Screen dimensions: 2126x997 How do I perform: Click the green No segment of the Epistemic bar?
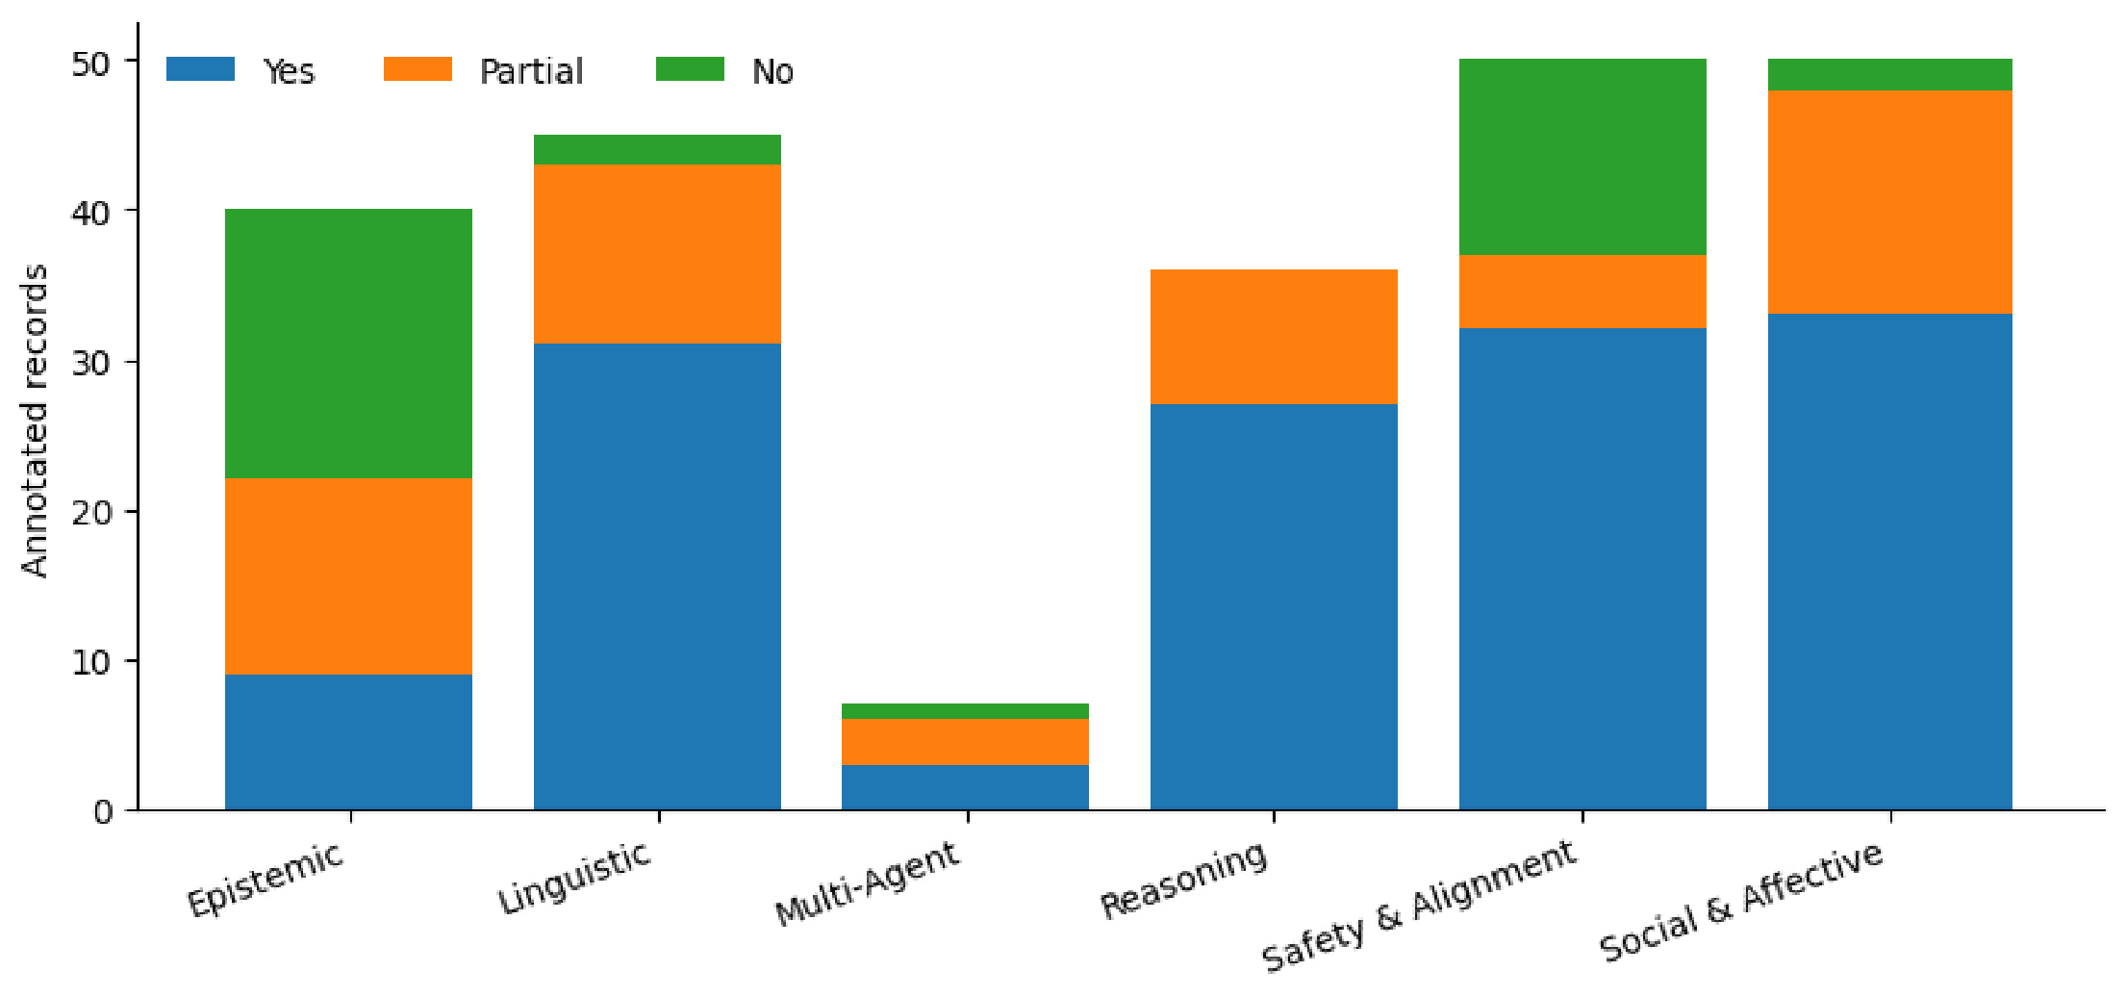[348, 344]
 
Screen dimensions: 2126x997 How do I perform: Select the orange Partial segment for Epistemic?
[348, 576]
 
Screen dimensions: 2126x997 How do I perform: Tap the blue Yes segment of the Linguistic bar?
[657, 576]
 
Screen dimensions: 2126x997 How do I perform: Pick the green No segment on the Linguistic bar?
[657, 150]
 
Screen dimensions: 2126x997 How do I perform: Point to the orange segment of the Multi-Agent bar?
[965, 742]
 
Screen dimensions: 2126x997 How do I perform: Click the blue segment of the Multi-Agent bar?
[965, 787]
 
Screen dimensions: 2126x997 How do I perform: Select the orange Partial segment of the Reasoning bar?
[1274, 337]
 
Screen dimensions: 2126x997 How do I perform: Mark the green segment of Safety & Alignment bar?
[1582, 157]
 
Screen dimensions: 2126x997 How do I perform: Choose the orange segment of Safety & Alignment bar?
[1582, 292]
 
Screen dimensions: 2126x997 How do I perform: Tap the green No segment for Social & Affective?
[1890, 74]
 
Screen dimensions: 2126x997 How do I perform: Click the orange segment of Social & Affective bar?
[1890, 202]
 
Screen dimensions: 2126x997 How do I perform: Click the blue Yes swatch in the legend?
[200, 69]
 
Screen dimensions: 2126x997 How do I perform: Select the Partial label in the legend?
[531, 71]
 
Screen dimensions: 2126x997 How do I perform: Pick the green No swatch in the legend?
[690, 69]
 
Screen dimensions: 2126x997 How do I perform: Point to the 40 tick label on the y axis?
[91, 213]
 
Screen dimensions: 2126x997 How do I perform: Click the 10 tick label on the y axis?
[91, 662]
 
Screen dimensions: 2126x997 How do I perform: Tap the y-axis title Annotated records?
[35, 421]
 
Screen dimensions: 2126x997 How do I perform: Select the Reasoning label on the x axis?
[1184, 880]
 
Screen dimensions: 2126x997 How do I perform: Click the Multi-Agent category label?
[868, 882]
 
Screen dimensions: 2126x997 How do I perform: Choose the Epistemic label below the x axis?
[266, 878]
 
